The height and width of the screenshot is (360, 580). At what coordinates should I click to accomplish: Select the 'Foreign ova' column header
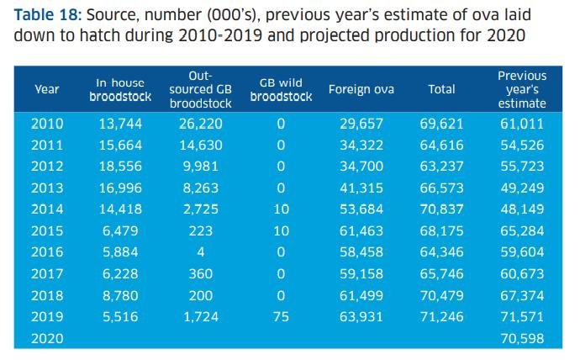(x=361, y=89)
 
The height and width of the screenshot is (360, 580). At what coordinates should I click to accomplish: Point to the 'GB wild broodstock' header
(x=281, y=89)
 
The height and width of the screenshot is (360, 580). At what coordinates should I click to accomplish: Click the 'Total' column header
(x=441, y=89)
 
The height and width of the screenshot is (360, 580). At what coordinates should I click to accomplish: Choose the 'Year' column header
(x=46, y=89)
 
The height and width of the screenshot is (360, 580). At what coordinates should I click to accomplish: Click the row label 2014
(x=46, y=209)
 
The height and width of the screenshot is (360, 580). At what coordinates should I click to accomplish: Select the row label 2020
(x=46, y=338)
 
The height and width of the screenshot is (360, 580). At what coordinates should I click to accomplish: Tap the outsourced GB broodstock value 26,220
(x=194, y=123)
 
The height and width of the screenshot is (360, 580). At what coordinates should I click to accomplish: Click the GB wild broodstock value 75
(x=281, y=316)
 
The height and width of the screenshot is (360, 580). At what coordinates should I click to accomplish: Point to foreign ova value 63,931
(x=361, y=316)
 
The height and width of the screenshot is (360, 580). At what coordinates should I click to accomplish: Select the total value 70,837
(x=441, y=209)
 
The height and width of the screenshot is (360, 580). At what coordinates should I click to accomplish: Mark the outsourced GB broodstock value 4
(x=194, y=251)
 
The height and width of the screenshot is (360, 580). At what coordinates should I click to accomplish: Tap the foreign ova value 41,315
(x=361, y=188)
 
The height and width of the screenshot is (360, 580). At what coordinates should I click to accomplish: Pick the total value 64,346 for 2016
(x=441, y=251)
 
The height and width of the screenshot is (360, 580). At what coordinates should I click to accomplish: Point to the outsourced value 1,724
(x=194, y=316)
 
